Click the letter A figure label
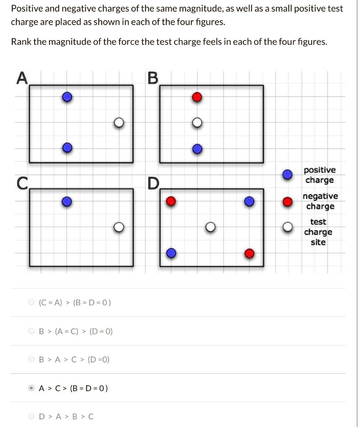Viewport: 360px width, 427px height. point(21,78)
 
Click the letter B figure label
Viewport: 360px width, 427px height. point(153,78)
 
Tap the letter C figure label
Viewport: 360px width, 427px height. point(22,183)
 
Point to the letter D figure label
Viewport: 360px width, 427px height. point(153,183)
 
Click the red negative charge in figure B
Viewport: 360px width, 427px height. point(197,97)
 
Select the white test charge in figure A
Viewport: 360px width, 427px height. point(119,123)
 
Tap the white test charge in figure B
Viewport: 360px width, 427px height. point(197,123)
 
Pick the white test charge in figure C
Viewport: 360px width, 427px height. point(119,227)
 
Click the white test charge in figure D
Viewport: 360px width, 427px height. point(211,227)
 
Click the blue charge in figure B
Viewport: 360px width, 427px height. point(197,149)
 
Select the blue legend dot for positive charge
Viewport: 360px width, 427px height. point(287,175)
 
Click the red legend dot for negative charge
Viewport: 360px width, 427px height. point(287,201)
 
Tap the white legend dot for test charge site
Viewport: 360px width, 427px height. point(287,227)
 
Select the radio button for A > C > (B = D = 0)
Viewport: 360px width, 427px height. point(31,388)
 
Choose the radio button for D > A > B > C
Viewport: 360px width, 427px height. point(31,416)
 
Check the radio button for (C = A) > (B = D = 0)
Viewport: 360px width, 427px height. point(31,302)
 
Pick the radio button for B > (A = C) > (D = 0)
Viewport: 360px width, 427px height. point(31,332)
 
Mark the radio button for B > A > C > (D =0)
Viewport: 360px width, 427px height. point(31,359)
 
